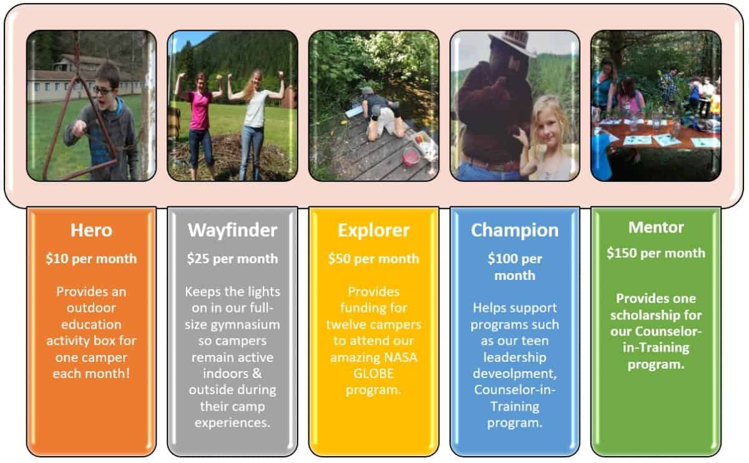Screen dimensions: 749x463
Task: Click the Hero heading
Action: pyautogui.click(x=91, y=231)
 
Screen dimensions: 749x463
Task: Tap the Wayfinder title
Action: pyautogui.click(x=232, y=231)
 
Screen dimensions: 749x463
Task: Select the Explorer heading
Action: pyautogui.click(x=373, y=231)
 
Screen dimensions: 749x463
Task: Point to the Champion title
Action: pyautogui.click(x=514, y=231)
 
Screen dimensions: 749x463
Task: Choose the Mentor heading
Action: pyautogui.click(x=656, y=227)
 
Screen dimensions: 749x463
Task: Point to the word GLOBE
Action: pyautogui.click(x=373, y=374)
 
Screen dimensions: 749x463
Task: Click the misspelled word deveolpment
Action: pyautogui.click(x=514, y=374)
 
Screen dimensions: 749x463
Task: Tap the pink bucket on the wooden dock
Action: pyautogui.click(x=411, y=157)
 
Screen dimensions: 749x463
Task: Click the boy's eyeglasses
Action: pyautogui.click(x=102, y=91)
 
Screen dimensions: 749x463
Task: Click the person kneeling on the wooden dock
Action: pyautogui.click(x=381, y=114)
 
